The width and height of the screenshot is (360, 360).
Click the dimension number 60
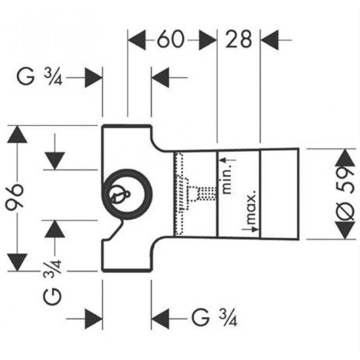click(x=171, y=40)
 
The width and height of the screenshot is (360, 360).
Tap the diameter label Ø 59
click(x=346, y=193)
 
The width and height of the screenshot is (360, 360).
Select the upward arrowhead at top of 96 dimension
click(x=18, y=134)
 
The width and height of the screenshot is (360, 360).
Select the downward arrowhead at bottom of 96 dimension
click(x=18, y=262)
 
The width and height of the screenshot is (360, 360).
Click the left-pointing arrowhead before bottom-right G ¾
click(x=160, y=319)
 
